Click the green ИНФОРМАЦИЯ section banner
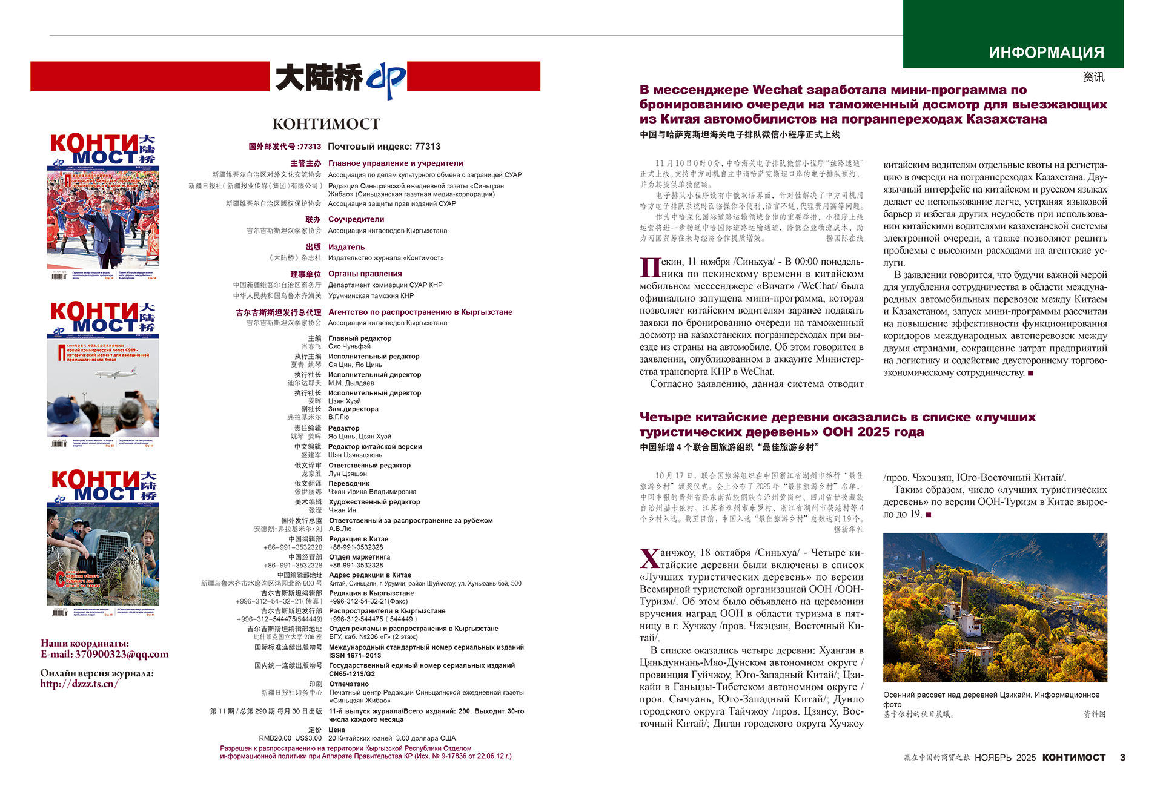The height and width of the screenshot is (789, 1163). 1013,35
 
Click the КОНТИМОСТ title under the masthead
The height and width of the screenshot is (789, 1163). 326,124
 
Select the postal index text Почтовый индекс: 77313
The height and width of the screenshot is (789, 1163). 384,147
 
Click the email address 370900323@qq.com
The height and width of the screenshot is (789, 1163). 122,655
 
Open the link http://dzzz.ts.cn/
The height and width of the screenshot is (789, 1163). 79,684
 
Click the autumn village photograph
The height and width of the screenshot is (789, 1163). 995,607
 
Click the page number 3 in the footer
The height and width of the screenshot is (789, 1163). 1122,758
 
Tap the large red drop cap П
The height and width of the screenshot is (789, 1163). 649,267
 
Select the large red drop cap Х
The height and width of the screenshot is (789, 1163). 649,558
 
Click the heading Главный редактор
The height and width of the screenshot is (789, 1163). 360,338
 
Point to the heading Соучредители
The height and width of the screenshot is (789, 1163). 356,219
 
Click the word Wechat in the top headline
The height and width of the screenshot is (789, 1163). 777,90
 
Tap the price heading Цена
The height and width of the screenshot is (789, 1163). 337,730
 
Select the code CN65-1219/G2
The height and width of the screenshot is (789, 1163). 352,674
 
